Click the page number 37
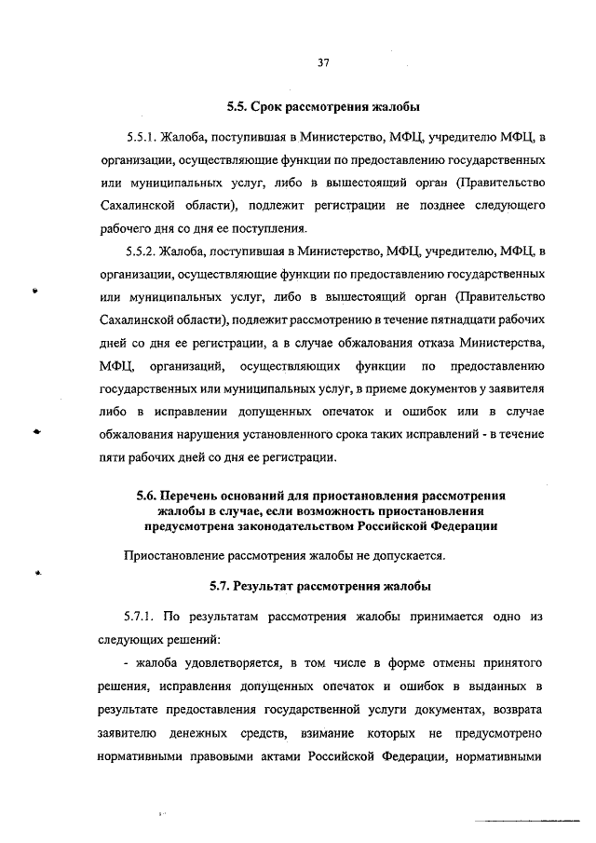click(323, 63)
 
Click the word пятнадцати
click(416, 320)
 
